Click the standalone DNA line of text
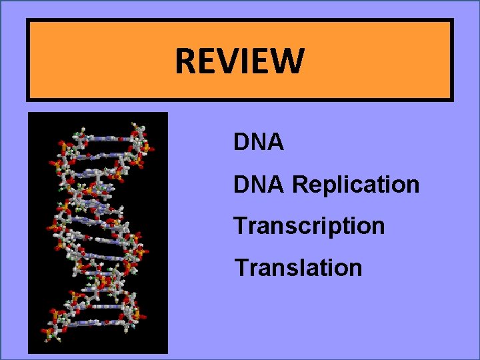click(259, 142)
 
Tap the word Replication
click(356, 184)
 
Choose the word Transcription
click(309, 226)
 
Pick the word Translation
click(298, 268)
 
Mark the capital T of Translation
click(241, 268)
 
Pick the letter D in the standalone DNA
click(241, 142)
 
